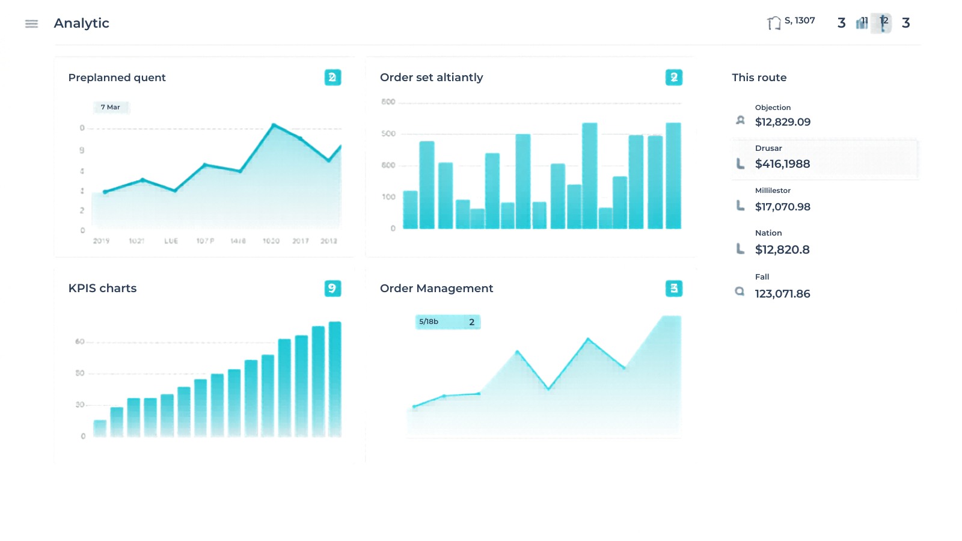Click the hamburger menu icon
tap(31, 23)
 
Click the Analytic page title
tap(81, 23)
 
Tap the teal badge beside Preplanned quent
tap(332, 78)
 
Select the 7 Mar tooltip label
tap(111, 108)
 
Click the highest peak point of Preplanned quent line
tap(274, 125)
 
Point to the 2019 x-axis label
tap(101, 241)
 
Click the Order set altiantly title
tap(431, 78)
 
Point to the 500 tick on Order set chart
tap(388, 134)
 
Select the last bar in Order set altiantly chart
tap(673, 176)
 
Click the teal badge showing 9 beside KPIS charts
tap(332, 289)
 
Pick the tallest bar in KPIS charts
tap(335, 379)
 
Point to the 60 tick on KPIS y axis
tap(80, 342)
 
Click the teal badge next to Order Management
tap(673, 289)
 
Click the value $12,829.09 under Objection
tap(782, 122)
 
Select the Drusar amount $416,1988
tap(782, 164)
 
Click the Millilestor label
tap(773, 191)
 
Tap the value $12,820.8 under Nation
tap(782, 249)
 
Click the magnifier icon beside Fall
tap(740, 292)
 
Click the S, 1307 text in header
tap(800, 21)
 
